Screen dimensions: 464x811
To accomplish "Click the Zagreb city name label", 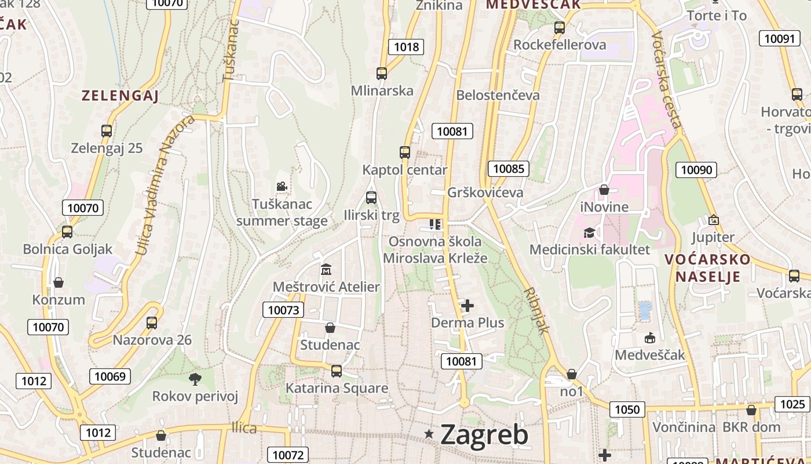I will click(x=484, y=434).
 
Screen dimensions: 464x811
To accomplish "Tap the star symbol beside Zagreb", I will click(x=429, y=433).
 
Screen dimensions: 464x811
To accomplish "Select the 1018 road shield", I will click(x=406, y=46).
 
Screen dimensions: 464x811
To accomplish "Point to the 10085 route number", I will click(x=509, y=169).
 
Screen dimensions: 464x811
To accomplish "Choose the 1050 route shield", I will click(x=627, y=409).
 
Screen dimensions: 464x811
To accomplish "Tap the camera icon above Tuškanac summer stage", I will click(x=282, y=186).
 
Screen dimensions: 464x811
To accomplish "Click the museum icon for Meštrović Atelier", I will click(x=326, y=269).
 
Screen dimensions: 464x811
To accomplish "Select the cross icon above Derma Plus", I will click(x=467, y=305).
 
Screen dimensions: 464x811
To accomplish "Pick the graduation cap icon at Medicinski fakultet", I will click(x=589, y=233).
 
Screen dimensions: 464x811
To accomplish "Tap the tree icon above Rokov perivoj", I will click(x=195, y=379).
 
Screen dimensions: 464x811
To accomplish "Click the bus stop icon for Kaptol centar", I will click(x=405, y=153).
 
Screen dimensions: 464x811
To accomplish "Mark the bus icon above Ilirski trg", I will click(x=371, y=198).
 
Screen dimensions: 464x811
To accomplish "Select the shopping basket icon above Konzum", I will click(x=58, y=282).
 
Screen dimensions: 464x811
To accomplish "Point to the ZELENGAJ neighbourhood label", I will click(x=120, y=96).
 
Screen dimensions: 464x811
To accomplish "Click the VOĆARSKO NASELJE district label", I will click(x=708, y=267).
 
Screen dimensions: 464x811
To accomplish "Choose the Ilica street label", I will click(x=244, y=428).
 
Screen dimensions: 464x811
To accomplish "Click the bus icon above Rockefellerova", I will click(x=559, y=27).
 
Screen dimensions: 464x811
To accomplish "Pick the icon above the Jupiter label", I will click(x=713, y=220).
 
